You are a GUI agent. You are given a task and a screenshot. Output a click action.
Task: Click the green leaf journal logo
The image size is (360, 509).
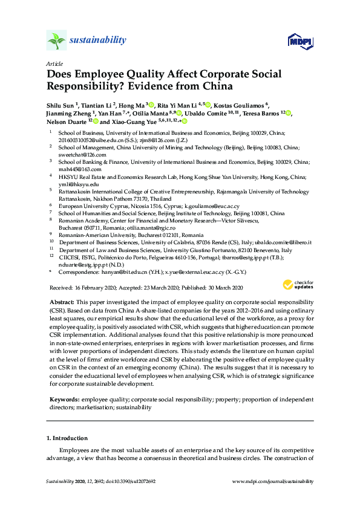point(56,41)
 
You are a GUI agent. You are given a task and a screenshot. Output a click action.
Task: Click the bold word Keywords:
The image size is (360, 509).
point(63,399)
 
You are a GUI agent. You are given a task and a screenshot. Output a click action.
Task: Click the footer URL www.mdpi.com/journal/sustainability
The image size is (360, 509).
point(273,481)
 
